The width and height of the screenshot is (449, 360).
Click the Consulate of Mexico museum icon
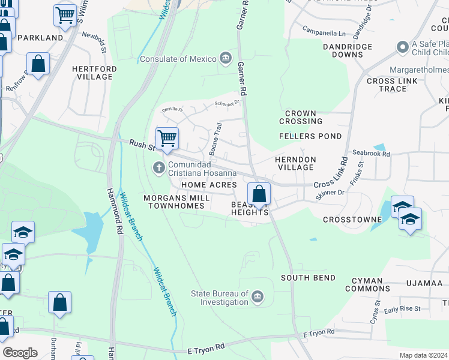pos(225,58)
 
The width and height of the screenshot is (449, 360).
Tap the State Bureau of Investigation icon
pos(257,297)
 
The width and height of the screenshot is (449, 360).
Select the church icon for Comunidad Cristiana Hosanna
pos(159,167)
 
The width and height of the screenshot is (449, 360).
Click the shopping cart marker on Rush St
pos(167,138)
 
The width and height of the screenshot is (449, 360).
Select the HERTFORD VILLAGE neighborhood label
pos(94,73)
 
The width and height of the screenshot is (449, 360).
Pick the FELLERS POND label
pos(310,136)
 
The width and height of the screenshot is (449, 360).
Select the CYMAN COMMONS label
pos(367,284)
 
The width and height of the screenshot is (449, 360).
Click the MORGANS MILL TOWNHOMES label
pos(176,202)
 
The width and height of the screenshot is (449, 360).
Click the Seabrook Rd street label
pos(371,154)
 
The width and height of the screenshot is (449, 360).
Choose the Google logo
pos(20,352)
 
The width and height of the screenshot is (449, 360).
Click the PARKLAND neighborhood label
pos(40,37)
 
